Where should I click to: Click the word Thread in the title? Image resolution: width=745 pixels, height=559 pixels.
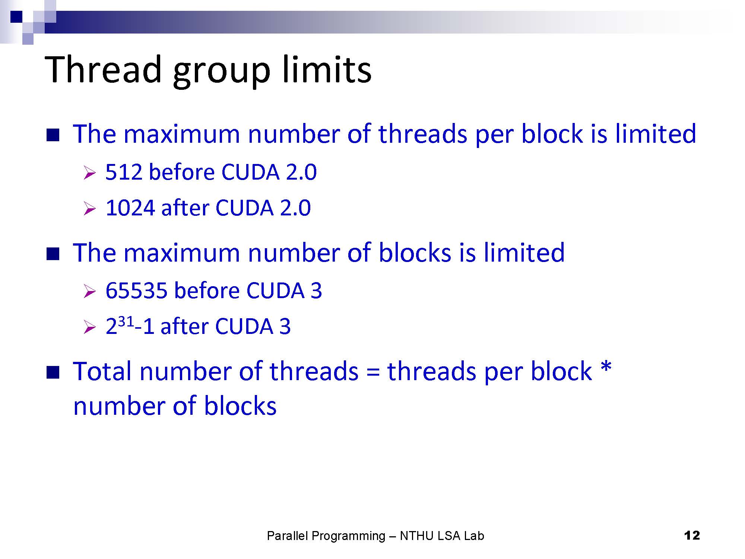point(103,69)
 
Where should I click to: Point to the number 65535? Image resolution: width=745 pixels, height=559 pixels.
point(136,290)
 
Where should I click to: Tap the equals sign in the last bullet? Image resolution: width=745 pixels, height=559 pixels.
point(372,372)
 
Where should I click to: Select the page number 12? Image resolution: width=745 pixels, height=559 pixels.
point(692,536)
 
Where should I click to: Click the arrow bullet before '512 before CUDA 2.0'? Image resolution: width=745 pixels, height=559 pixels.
point(90,173)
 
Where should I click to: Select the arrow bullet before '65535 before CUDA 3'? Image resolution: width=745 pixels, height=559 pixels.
point(90,291)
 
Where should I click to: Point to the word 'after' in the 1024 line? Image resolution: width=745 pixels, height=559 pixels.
point(184,208)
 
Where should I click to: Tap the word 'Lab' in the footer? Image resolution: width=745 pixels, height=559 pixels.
point(474,536)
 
